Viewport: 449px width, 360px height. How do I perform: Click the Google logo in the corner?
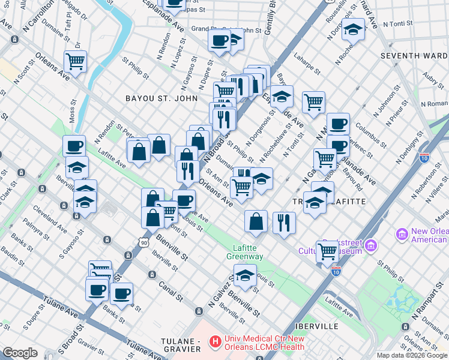20,353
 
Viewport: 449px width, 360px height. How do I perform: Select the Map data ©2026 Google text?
412,355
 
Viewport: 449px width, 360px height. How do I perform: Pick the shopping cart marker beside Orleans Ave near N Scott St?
76,61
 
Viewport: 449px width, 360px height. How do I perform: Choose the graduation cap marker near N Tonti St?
354,29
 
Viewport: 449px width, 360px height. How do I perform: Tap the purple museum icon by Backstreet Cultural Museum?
370,245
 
